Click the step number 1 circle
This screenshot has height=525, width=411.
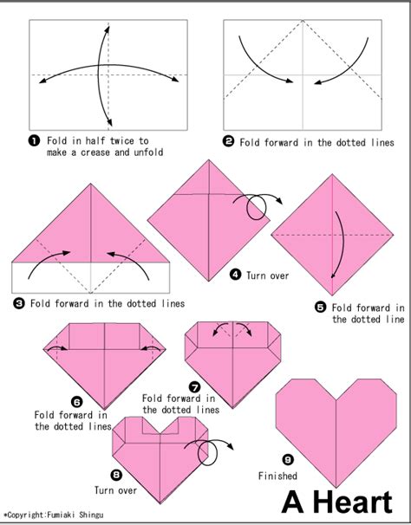(35, 140)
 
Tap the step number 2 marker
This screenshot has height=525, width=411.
(229, 141)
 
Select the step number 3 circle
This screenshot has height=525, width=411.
(19, 303)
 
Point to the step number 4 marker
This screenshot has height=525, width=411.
(235, 275)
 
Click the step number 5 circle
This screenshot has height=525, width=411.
(320, 307)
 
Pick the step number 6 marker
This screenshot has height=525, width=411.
(76, 401)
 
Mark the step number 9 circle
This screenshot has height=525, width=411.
(287, 459)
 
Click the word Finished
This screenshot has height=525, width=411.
(277, 476)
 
